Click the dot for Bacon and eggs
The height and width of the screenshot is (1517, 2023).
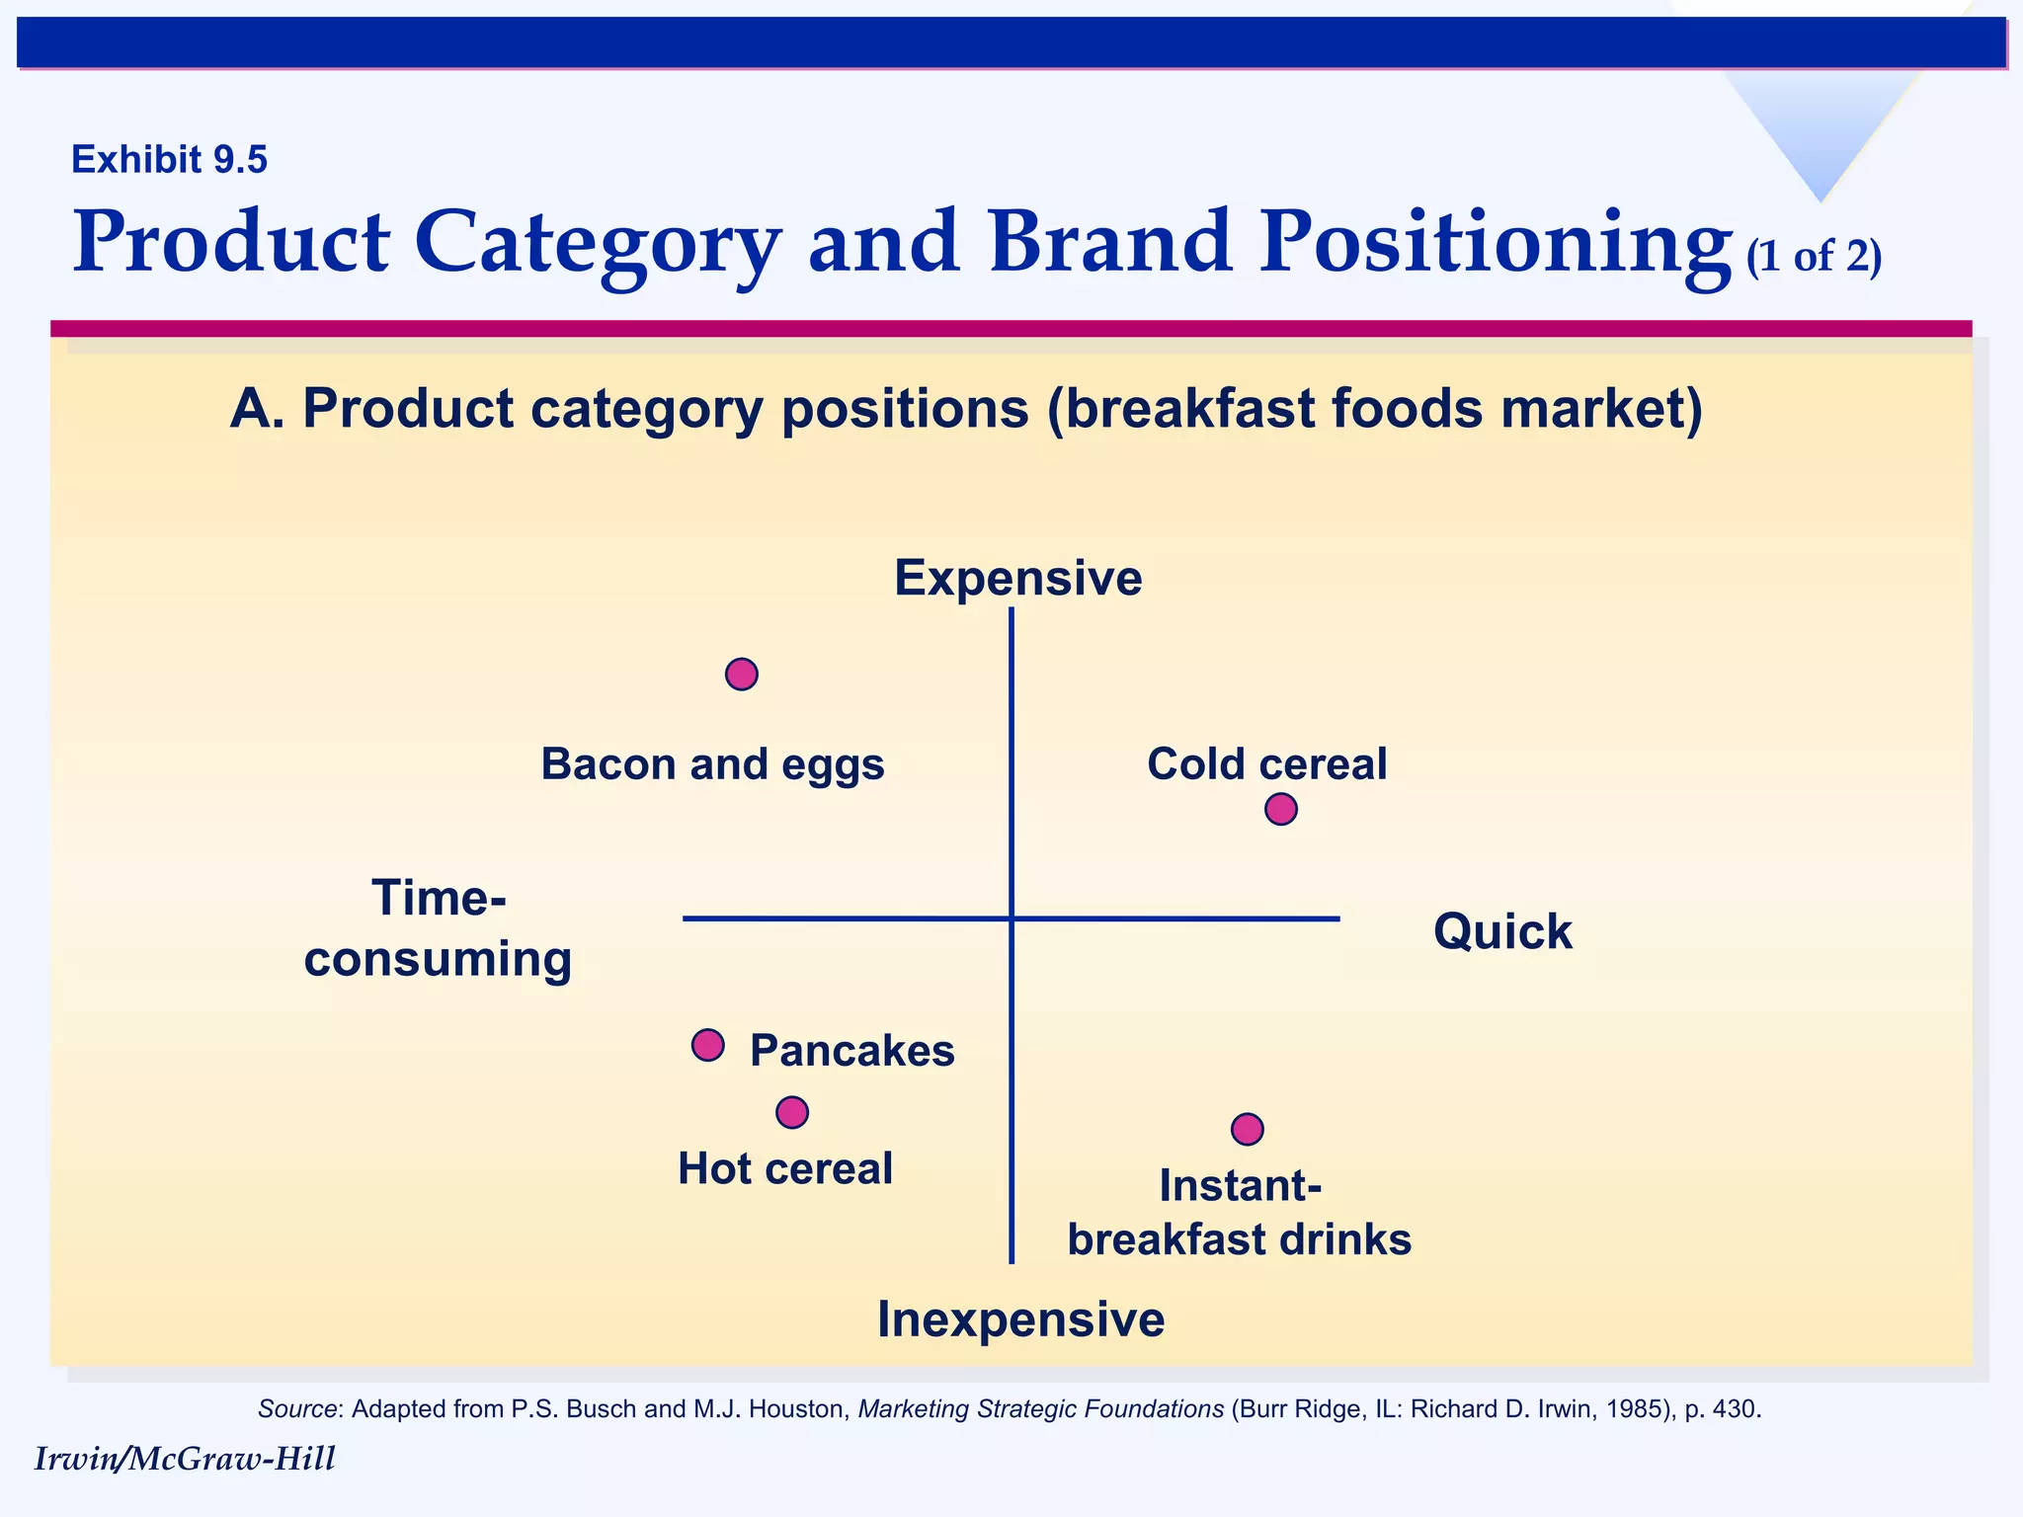[x=741, y=675]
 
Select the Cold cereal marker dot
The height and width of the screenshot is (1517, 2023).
[x=1280, y=809]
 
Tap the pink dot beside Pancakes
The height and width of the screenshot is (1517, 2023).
[x=707, y=1045]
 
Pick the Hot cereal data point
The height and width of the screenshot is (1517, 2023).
[x=792, y=1113]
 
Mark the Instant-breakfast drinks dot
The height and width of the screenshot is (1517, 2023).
[x=1247, y=1129]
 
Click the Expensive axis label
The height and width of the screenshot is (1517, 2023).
[x=1017, y=579]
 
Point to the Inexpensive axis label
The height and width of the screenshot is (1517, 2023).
[x=1020, y=1320]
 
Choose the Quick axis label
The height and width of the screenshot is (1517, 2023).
[x=1501, y=932]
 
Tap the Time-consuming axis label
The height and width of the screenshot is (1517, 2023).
[x=438, y=929]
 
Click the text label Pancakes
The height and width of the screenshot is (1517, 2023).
[x=851, y=1051]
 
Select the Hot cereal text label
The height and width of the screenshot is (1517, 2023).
[x=784, y=1169]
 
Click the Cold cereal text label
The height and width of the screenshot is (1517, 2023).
[x=1266, y=764]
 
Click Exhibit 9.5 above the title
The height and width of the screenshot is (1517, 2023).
[x=169, y=160]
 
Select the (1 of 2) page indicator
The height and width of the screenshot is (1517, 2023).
[x=1814, y=257]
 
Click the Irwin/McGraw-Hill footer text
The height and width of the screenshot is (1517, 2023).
[x=185, y=1459]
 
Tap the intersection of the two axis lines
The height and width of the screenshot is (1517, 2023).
[x=1011, y=918]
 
